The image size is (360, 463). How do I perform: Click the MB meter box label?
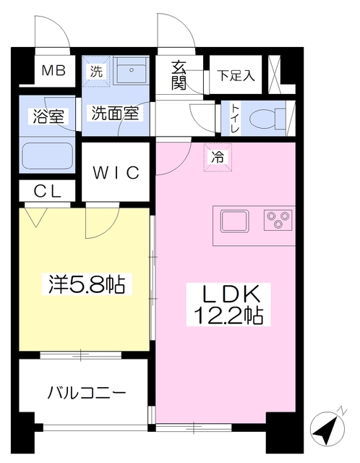coord(53,71)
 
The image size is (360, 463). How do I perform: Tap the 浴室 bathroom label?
coord(48,116)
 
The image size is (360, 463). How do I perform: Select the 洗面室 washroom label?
coord(115,113)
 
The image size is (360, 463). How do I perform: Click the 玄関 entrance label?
coord(179,75)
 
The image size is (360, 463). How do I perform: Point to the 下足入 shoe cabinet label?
coord(236,75)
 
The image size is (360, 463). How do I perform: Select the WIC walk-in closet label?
coord(116,173)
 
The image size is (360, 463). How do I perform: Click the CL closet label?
coord(48,191)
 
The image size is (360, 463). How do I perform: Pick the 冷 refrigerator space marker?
coord(218,158)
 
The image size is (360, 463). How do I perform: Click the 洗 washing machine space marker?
coord(96,71)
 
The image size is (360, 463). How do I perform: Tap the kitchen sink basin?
coord(235,221)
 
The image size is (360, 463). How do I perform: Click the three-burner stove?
coord(278,220)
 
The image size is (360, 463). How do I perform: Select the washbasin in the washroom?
coord(132,69)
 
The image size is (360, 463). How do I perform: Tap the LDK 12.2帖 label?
coord(228,305)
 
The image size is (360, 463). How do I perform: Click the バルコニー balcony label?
coord(87,393)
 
